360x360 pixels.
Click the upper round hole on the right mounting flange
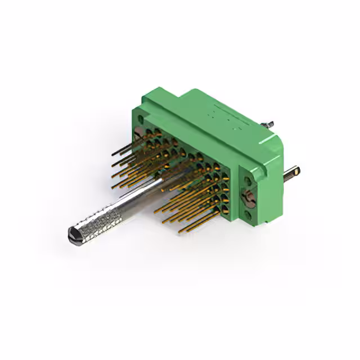(x=247, y=181)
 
